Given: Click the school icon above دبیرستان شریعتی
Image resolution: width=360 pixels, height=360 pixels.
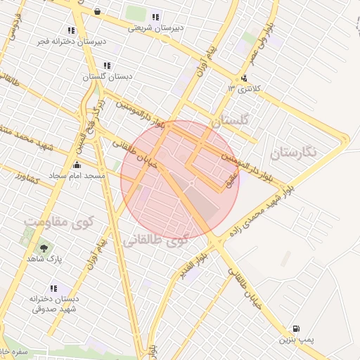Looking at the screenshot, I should (155, 17).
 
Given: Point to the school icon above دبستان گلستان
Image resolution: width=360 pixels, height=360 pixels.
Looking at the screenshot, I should (107, 65).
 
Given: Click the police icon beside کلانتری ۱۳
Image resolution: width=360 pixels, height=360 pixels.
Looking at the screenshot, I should (244, 78).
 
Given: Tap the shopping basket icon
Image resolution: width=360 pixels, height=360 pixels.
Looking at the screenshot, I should (96, 12).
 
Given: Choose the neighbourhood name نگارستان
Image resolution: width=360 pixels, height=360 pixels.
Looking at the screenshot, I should (294, 150).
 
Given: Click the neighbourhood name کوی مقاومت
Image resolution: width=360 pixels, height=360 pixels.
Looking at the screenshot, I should (58, 221).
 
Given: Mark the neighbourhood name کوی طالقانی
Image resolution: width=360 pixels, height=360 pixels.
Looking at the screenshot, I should (156, 240).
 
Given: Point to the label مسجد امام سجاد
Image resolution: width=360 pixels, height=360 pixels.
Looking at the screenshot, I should (77, 175).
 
